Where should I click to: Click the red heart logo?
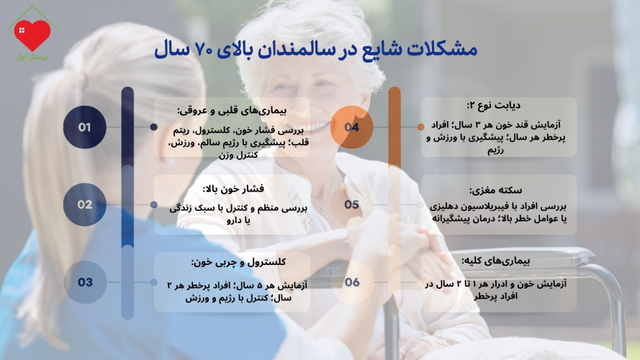click(32, 34)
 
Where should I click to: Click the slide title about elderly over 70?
click(316, 50)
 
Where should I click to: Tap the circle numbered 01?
click(85, 127)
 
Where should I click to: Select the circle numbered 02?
click(85, 204)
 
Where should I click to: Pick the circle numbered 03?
click(85, 282)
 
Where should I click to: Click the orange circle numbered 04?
click(352, 127)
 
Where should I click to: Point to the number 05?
click(352, 204)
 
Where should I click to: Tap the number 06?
click(352, 282)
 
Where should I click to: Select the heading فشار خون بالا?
click(234, 189)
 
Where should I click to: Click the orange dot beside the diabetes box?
click(420, 127)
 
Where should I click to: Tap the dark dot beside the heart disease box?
click(154, 127)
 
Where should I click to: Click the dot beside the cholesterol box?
click(154, 282)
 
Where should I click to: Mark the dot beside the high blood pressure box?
click(154, 204)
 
